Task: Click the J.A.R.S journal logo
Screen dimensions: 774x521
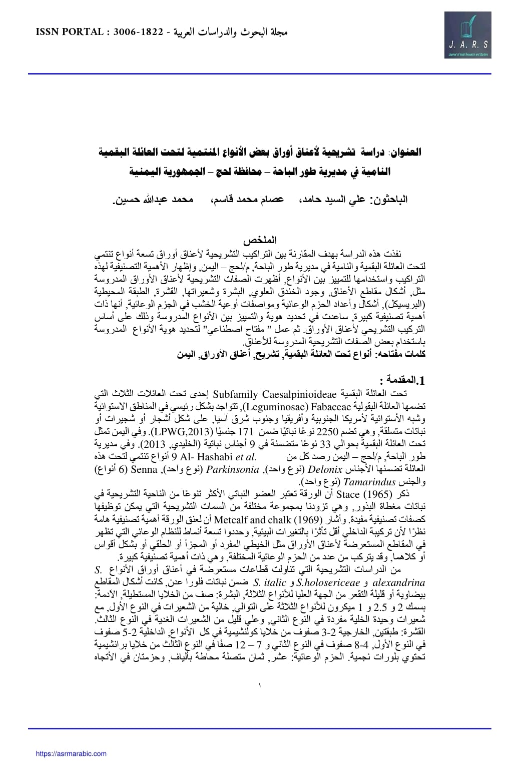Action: pyautogui.click(x=467, y=36)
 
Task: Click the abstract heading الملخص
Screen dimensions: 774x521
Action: pyautogui.click(x=260, y=241)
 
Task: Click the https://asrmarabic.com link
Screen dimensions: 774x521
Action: pyautogui.click(x=71, y=753)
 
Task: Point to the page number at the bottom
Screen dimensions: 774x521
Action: pyautogui.click(x=260, y=685)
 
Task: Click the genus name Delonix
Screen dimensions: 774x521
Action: pyautogui.click(x=325, y=469)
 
